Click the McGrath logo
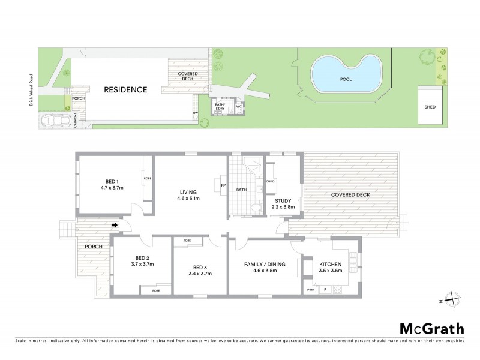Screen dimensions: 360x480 (431, 328)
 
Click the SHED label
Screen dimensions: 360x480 (430, 107)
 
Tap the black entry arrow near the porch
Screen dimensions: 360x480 (114, 226)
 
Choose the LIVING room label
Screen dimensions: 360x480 (188, 192)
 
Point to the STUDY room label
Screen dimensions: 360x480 (283, 202)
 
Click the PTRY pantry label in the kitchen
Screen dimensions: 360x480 (310, 290)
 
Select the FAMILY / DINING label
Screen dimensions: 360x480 (265, 264)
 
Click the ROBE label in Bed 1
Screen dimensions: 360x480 (146, 179)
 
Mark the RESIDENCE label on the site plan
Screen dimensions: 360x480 (125, 90)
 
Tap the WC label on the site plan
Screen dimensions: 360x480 (238, 106)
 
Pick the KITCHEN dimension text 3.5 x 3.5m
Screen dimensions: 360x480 (331, 271)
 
